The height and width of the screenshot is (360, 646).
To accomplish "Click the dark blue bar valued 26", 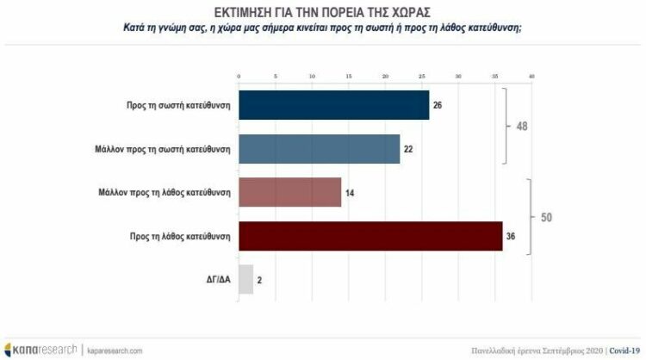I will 333,105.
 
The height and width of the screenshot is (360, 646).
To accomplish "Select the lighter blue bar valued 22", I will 319,148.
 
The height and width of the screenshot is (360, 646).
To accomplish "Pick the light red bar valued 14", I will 289,192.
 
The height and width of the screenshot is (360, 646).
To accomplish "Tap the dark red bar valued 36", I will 370,235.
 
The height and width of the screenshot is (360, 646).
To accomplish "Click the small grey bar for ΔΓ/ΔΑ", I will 245,279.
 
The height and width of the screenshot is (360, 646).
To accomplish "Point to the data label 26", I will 438,106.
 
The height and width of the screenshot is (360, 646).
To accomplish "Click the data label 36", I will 512,236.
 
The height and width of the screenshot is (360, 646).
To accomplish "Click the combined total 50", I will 546,217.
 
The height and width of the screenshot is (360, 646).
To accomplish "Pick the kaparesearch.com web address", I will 114,350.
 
